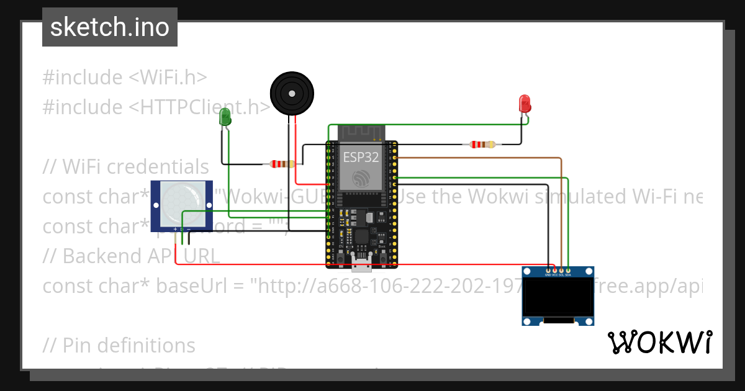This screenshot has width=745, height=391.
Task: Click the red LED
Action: pos(525,103)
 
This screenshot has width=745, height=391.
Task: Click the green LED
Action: pos(225,116)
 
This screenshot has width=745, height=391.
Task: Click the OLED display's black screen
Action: pos(557,297)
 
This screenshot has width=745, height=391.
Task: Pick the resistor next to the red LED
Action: pos(482,145)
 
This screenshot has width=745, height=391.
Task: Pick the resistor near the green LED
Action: pos(282,164)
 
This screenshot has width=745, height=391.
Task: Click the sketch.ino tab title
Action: pos(110,27)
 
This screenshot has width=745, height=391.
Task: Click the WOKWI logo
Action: pos(659,342)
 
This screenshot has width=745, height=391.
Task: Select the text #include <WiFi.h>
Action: pos(124,78)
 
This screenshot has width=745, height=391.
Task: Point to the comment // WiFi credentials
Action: pos(125,167)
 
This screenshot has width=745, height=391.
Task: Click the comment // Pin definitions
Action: pos(119,345)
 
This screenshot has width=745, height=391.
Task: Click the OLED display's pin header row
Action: pos(558,271)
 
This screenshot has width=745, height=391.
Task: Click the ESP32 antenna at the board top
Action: pos(361,132)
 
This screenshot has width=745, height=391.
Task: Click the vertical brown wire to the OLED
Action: pos(561,211)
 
